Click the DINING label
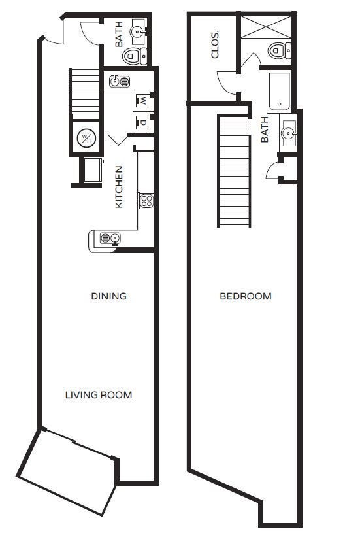[108, 296]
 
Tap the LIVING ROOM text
[99, 395]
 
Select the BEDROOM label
[245, 296]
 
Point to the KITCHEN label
[120, 186]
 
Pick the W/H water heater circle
[86, 138]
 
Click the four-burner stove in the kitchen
[146, 201]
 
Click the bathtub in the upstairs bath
[280, 90]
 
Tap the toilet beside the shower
[278, 50]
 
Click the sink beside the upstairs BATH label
[287, 133]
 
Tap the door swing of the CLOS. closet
[226, 82]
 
